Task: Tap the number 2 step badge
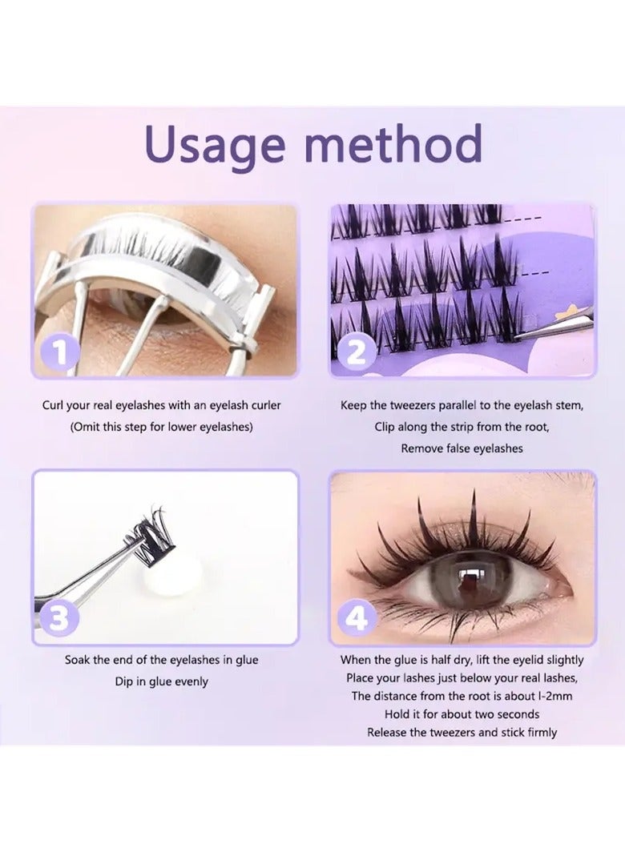coord(357,351)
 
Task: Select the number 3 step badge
coord(58,617)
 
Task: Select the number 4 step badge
coord(357,617)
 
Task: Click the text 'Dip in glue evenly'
coord(161,681)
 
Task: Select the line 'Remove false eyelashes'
coord(462,448)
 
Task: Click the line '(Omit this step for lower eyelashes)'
coord(161,427)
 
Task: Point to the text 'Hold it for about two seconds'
coord(462,714)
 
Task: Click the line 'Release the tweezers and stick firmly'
coord(462,732)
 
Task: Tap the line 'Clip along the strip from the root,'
coord(462,427)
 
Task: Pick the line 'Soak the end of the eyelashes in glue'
coord(161,661)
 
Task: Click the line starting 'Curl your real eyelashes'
coord(161,405)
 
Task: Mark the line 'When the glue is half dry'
coord(462,661)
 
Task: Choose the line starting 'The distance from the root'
coord(462,696)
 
